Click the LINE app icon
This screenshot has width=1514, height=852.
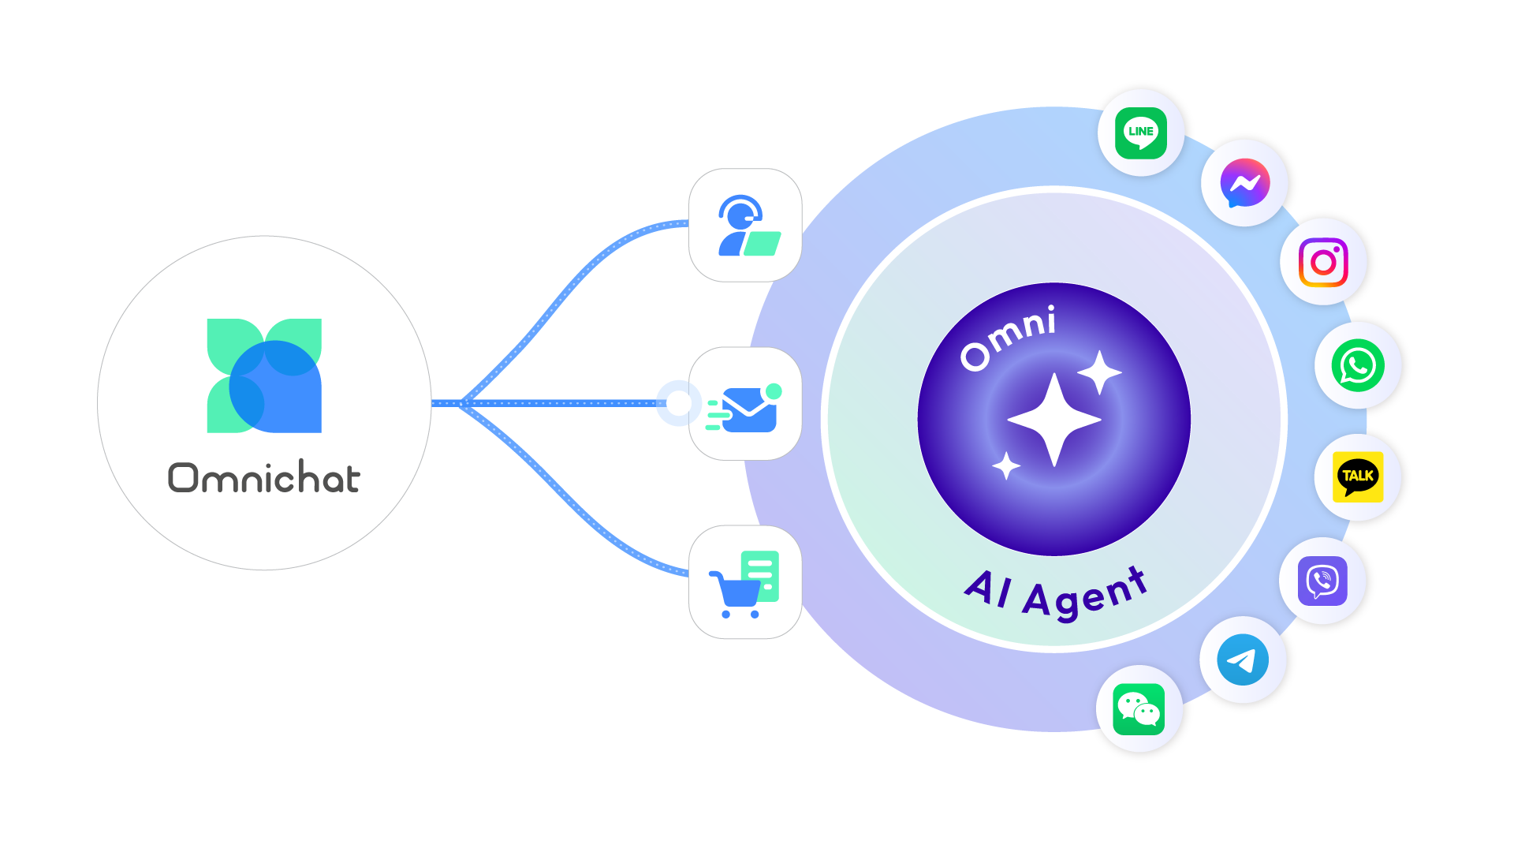(x=1141, y=132)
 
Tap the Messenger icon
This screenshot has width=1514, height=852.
(x=1244, y=183)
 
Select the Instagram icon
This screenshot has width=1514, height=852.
(x=1323, y=262)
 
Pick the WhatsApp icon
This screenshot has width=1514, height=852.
(x=1358, y=365)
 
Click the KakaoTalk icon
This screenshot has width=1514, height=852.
(x=1358, y=476)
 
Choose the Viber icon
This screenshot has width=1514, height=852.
(x=1322, y=581)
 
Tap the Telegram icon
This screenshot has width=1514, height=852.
(x=1243, y=660)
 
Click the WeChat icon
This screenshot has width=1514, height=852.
(x=1139, y=709)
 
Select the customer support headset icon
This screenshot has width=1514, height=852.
(x=745, y=226)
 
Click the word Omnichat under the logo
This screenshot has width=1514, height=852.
(x=264, y=478)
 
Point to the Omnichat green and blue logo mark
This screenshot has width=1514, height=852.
(x=264, y=376)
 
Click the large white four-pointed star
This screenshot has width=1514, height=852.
(x=1054, y=420)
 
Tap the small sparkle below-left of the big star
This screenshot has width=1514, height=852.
(x=1006, y=465)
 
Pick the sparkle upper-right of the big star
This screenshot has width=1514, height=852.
(x=1099, y=372)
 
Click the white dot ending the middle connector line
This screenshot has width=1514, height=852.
(x=678, y=403)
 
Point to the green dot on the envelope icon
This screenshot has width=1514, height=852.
(x=774, y=391)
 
